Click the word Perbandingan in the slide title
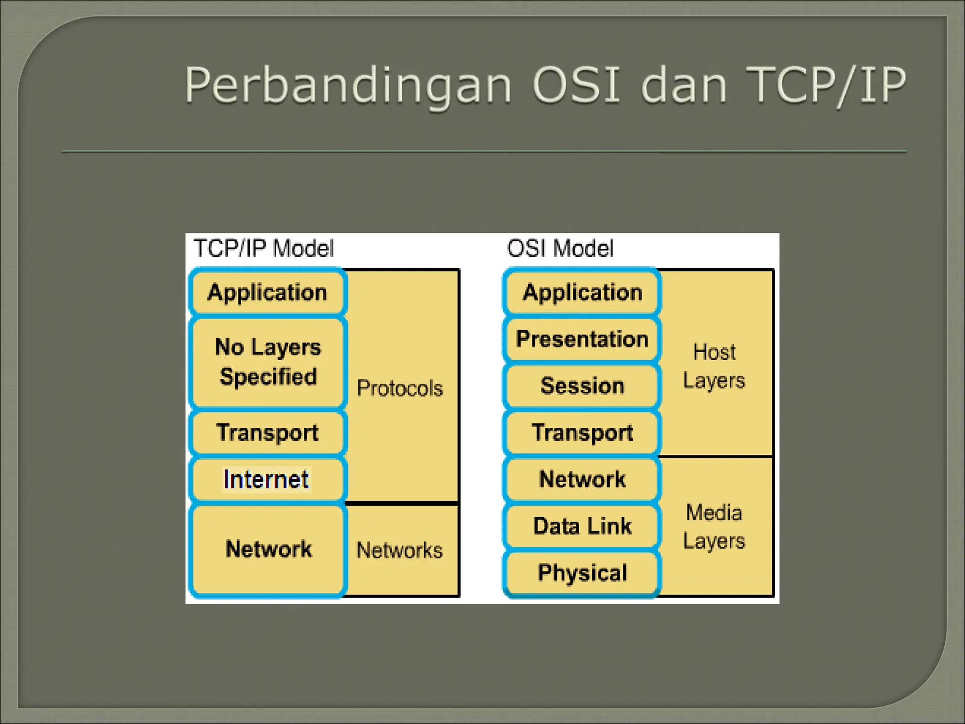coord(348,86)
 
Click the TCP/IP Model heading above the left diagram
coord(263,248)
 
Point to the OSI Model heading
coord(560,248)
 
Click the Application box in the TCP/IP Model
coord(267,292)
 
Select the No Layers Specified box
coord(268,362)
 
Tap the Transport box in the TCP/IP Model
coord(267,432)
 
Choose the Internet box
coord(267,479)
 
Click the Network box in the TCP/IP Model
coord(268,549)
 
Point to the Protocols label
coord(400,388)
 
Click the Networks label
coord(400,550)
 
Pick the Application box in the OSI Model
coord(582,292)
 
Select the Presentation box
coord(582,339)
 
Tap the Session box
coord(582,386)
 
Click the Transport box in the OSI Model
coord(582,432)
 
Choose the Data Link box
coord(582,526)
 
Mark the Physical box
coord(582,573)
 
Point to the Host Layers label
coord(714,366)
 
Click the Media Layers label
coord(714,527)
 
